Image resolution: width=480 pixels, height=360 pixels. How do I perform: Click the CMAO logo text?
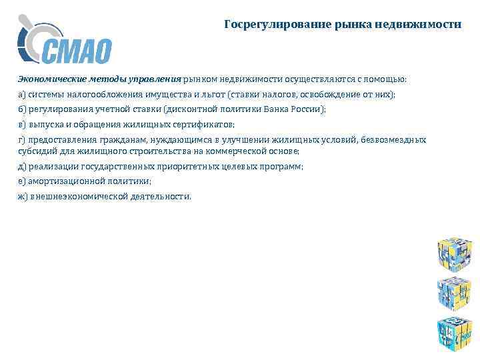77,51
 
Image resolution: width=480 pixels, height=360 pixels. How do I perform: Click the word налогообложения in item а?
103,95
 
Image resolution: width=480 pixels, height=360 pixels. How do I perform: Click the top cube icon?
455,252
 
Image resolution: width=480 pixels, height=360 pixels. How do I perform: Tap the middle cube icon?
455,291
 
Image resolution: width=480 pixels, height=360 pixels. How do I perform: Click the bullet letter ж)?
22,197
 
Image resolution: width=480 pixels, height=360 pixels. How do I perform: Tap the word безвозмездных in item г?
397,140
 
